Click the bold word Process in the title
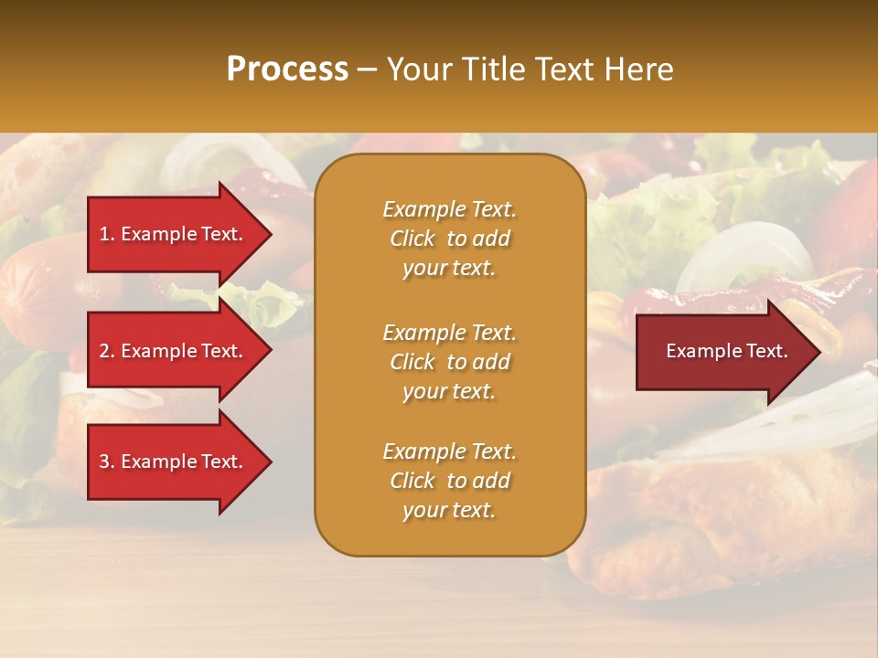[287, 69]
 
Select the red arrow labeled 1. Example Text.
[174, 234]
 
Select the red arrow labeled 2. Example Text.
[174, 351]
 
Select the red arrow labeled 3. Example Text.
[174, 462]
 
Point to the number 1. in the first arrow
[107, 234]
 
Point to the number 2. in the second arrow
[107, 351]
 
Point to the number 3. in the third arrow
[107, 462]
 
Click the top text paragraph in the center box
[449, 239]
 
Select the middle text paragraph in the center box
[449, 362]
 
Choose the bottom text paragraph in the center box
[449, 481]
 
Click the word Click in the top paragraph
[412, 239]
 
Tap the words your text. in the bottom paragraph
[449, 510]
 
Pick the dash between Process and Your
[368, 69]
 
